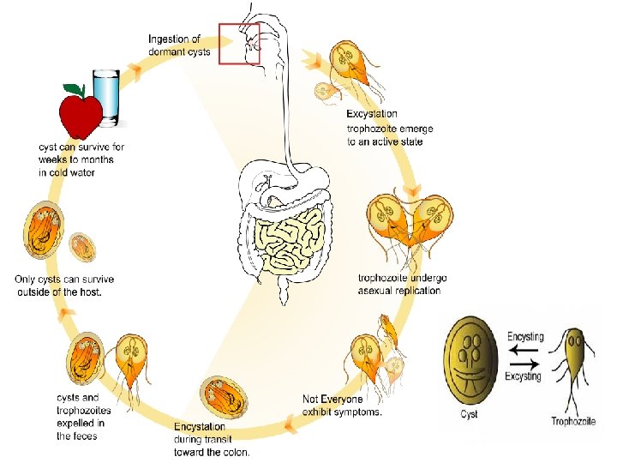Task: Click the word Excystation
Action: pyautogui.click(x=372, y=113)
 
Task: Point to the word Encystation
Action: pyautogui.click(x=200, y=426)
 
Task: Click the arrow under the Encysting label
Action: pyautogui.click(x=524, y=349)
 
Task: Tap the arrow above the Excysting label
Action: pyautogui.click(x=524, y=364)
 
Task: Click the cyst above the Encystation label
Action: pyautogui.click(x=224, y=397)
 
